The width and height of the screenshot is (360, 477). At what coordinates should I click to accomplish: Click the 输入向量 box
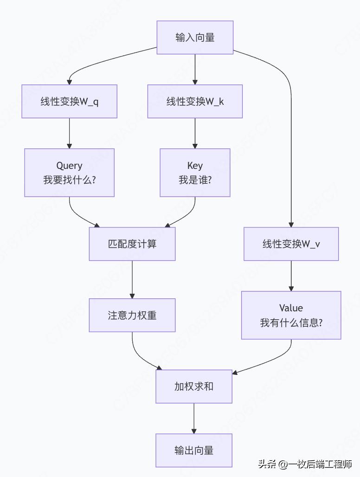point(195,38)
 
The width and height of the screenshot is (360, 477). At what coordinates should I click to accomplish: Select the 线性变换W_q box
point(69,101)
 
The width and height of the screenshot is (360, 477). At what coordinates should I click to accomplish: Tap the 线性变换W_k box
point(195,101)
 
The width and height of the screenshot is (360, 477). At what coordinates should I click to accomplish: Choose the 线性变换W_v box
point(291,244)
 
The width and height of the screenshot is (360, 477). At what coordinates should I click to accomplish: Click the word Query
point(69,166)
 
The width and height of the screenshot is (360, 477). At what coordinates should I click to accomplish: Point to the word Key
point(195,166)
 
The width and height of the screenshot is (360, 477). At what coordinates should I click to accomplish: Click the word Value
point(291,308)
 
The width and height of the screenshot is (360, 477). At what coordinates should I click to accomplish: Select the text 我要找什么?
point(69,180)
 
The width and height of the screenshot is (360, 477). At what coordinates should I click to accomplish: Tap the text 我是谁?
point(195,180)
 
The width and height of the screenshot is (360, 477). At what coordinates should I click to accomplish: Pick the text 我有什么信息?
point(291,322)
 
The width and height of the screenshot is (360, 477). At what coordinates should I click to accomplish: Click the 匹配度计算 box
point(132,244)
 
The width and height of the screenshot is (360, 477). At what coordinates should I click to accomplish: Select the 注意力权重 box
point(132,315)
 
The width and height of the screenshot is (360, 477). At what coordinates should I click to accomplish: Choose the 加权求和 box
point(194,386)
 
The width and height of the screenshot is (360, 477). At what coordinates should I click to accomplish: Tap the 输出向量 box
point(194,450)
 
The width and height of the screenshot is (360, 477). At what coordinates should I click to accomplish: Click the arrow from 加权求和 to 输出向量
point(194,418)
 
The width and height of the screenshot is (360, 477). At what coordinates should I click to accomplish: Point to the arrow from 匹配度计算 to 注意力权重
point(132,279)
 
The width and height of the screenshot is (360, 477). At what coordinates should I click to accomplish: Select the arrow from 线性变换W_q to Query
point(69,133)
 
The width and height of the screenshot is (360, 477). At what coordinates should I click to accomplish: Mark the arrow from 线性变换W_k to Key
point(195,133)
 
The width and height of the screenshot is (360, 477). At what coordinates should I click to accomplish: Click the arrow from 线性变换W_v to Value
point(291,276)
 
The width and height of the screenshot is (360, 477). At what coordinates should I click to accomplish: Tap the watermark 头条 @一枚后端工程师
point(305,464)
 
